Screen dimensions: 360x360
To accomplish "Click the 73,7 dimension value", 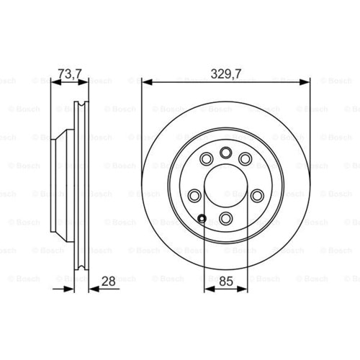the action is pyautogui.click(x=70, y=74).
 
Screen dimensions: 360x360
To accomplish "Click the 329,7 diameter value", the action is pyautogui.click(x=226, y=74).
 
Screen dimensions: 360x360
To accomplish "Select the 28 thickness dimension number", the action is pyautogui.click(x=108, y=282).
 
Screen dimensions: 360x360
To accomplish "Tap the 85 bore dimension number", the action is pyautogui.click(x=226, y=282).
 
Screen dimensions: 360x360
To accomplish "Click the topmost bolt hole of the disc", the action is pyautogui.click(x=226, y=153).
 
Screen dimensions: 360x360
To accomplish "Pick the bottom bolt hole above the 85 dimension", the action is pyautogui.click(x=226, y=218).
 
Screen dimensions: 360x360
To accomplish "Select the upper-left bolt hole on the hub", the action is pyautogui.click(x=207, y=158).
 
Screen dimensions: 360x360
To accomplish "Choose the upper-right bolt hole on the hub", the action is pyautogui.click(x=245, y=158).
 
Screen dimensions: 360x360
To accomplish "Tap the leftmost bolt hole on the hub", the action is pyautogui.click(x=194, y=196).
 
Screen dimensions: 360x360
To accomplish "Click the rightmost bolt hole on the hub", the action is pyautogui.click(x=257, y=196).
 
